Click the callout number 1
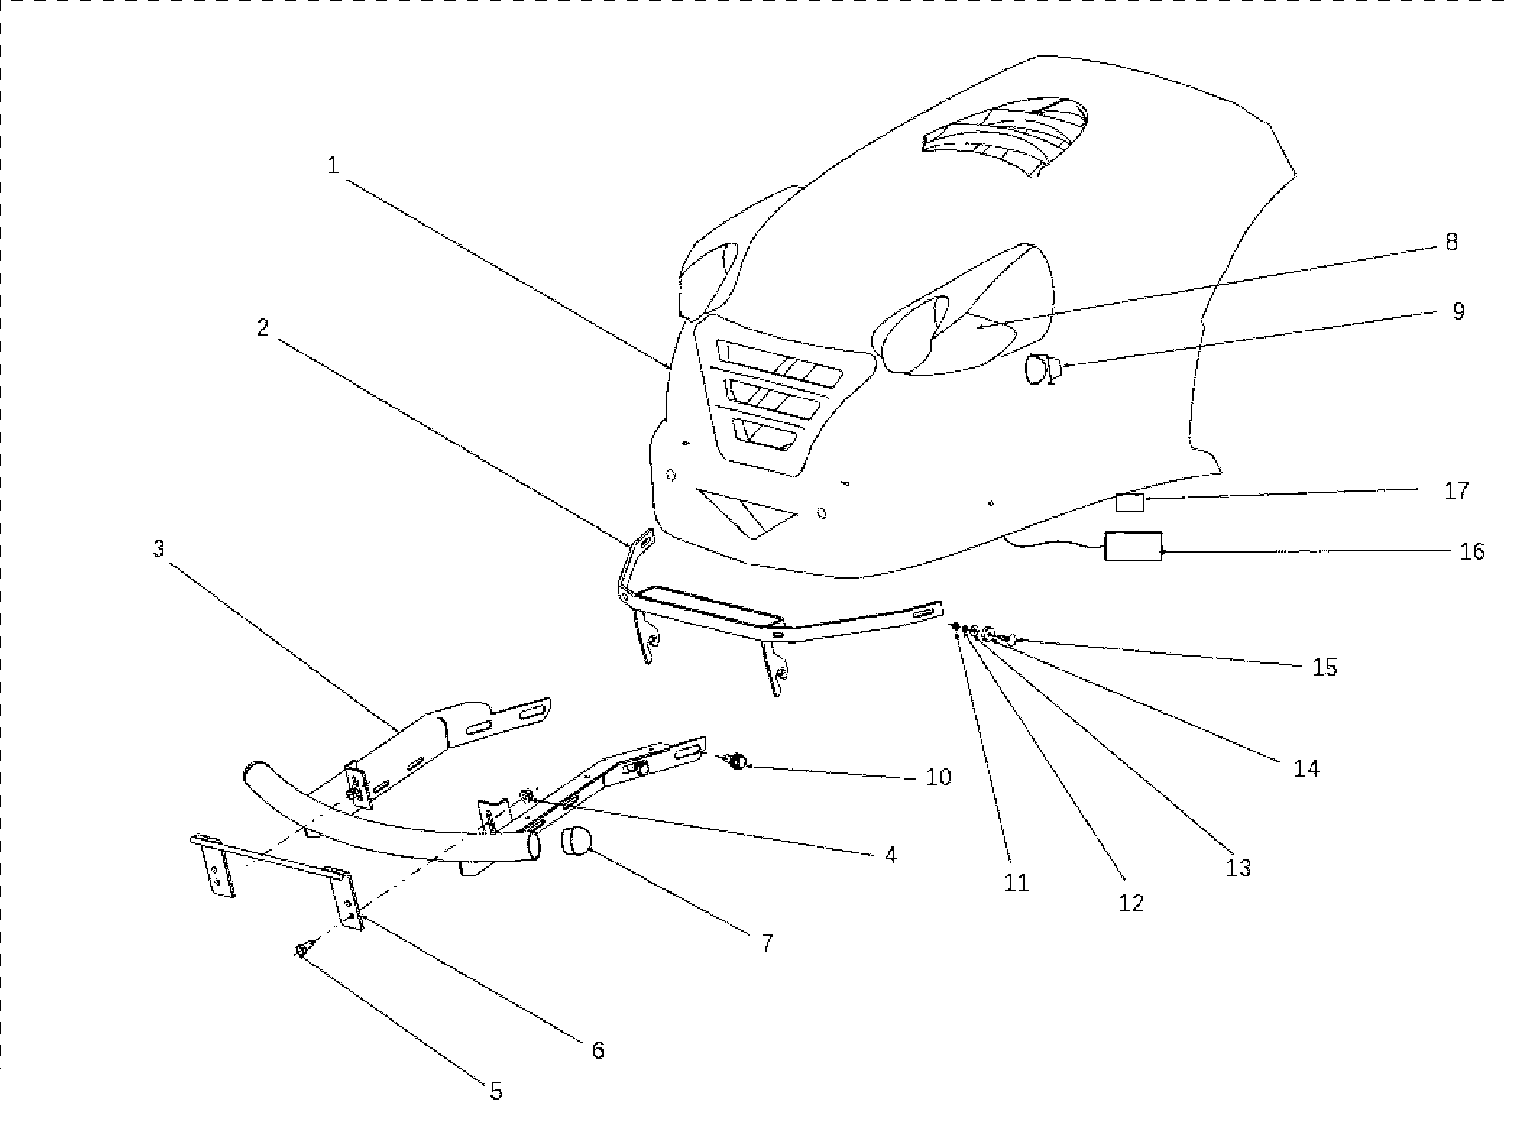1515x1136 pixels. (333, 166)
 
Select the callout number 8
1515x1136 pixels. (1451, 242)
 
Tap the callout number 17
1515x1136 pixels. (1456, 490)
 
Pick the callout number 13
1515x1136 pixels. (1238, 868)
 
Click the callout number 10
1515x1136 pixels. (938, 777)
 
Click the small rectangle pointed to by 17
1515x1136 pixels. (1129, 502)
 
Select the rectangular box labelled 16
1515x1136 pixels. (1134, 546)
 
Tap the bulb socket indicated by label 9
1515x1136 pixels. (1038, 370)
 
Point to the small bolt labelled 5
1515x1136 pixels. (303, 949)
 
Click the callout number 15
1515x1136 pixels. (1324, 667)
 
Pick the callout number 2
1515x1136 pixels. (262, 328)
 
